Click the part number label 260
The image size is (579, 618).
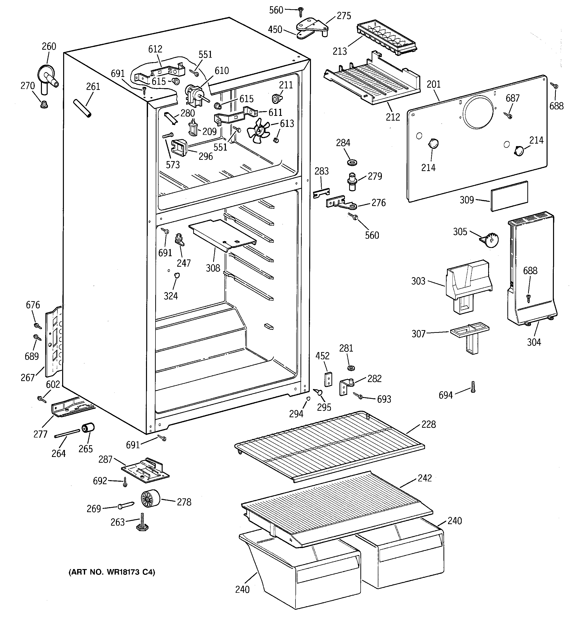pyautogui.click(x=49, y=46)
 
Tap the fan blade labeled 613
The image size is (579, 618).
pyautogui.click(x=259, y=131)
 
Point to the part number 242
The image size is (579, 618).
pyautogui.click(x=425, y=478)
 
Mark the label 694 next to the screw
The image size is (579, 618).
pyautogui.click(x=446, y=395)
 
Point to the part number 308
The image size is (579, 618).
pyautogui.click(x=213, y=268)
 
